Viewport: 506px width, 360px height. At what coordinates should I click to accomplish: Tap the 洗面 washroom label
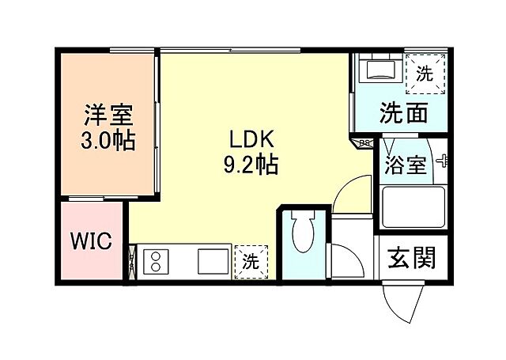403,113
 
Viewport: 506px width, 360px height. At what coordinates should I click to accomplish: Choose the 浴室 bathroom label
406,165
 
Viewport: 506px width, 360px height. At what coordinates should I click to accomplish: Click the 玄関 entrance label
412,259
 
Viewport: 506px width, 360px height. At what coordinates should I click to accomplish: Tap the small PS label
365,143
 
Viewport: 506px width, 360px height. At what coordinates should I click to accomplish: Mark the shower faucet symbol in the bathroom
440,161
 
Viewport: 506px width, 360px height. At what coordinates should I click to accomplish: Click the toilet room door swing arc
345,261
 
